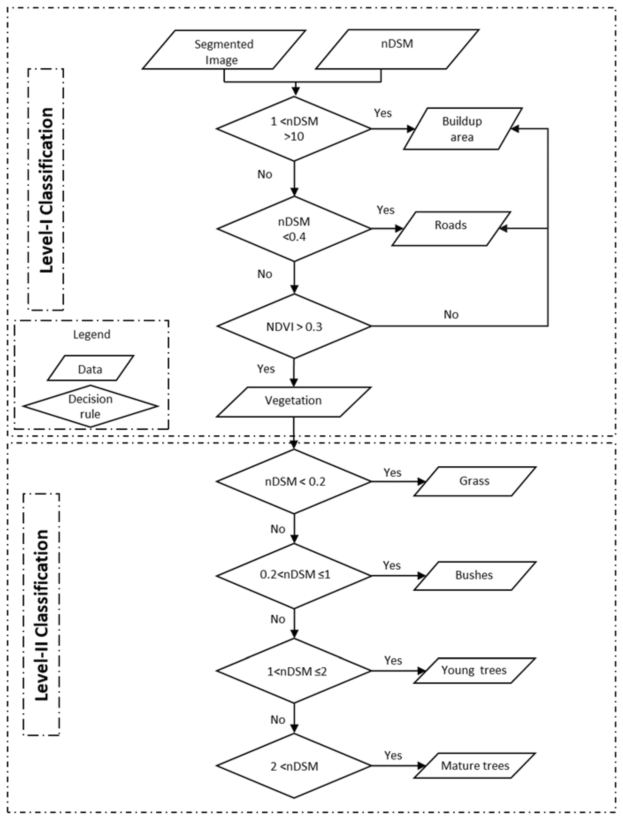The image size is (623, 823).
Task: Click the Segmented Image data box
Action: coord(224,50)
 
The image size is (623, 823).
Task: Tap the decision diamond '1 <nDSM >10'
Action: coord(294,129)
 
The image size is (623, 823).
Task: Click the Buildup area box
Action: coord(462,129)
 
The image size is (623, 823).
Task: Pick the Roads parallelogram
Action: coord(451,228)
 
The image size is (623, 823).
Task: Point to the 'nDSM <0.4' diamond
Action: coord(294,228)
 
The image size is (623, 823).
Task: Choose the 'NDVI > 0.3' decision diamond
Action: coord(294,326)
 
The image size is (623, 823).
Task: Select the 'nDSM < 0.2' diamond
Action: coord(294,481)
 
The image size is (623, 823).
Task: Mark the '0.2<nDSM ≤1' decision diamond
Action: coord(294,576)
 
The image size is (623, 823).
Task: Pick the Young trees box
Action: coord(474,670)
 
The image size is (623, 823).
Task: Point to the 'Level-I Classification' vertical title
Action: coord(46,190)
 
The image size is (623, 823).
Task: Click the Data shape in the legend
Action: coord(90,368)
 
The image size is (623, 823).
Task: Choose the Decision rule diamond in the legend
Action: coord(90,406)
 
